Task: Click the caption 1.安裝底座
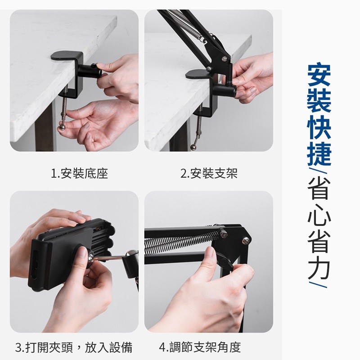tap(79, 174)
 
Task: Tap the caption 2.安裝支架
tap(209, 174)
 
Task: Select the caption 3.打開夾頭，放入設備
tap(74, 347)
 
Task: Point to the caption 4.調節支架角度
tap(200, 347)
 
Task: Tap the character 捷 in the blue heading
tap(319, 153)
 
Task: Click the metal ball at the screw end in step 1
tap(62, 127)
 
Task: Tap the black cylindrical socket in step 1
tap(90, 71)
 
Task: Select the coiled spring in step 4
tap(181, 243)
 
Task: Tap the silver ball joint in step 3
tap(130, 254)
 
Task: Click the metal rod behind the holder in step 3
tap(108, 258)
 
